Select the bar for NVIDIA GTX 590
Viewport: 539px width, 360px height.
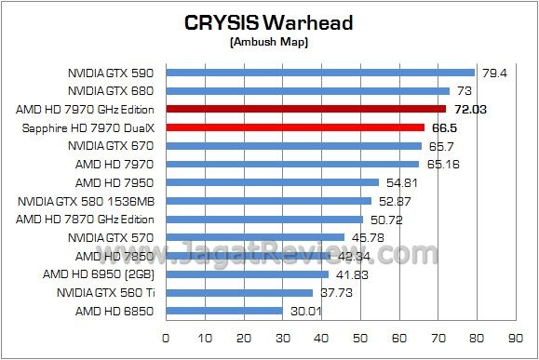tap(320, 72)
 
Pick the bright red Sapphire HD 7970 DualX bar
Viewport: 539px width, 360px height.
tap(295, 127)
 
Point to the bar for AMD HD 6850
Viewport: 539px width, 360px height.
tap(224, 311)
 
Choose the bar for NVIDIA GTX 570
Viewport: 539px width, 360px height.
tap(255, 237)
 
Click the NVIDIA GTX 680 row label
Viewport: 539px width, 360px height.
tap(111, 90)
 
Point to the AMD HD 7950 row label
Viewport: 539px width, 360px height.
tap(115, 182)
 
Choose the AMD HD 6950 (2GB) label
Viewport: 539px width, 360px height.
tap(99, 274)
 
